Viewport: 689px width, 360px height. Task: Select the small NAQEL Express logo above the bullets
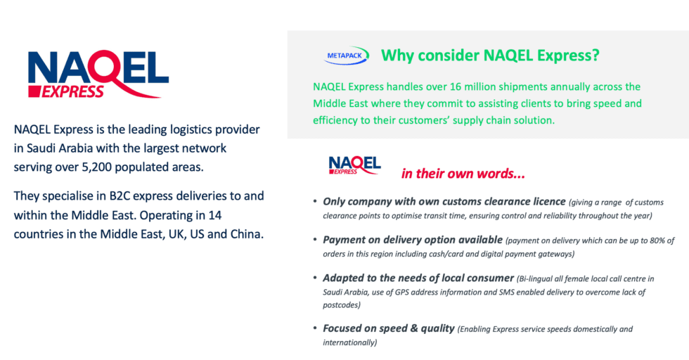click(x=354, y=165)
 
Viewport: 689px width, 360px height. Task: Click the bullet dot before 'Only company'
click(x=315, y=202)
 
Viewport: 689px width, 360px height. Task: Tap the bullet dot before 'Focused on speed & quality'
click(x=315, y=329)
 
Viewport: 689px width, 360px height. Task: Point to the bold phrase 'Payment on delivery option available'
click(x=412, y=240)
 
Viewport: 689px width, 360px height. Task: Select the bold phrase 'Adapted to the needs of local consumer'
click(x=418, y=278)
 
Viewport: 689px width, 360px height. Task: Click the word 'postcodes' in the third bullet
click(x=341, y=304)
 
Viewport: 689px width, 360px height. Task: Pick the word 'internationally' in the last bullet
click(x=349, y=342)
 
